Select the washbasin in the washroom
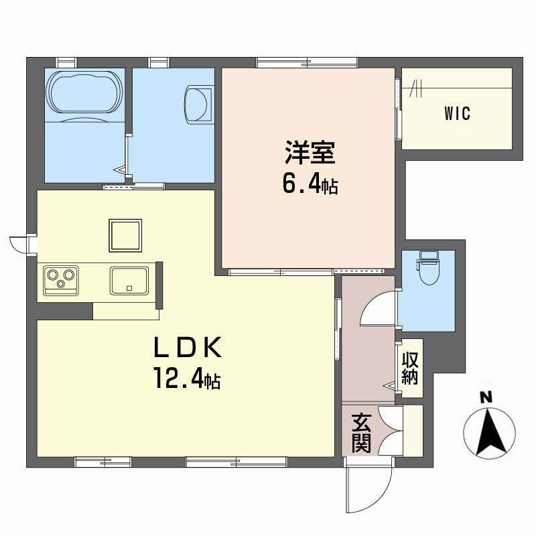tap(198, 105)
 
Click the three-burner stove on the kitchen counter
tap(60, 280)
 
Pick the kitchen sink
tap(129, 281)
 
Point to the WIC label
tap(457, 113)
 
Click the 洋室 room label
tap(310, 153)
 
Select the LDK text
tap(188, 346)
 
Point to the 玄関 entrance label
tap(361, 432)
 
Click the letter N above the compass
tap(486, 397)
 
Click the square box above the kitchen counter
tap(125, 236)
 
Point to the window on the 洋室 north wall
tap(308, 63)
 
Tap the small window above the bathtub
tap(66, 63)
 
